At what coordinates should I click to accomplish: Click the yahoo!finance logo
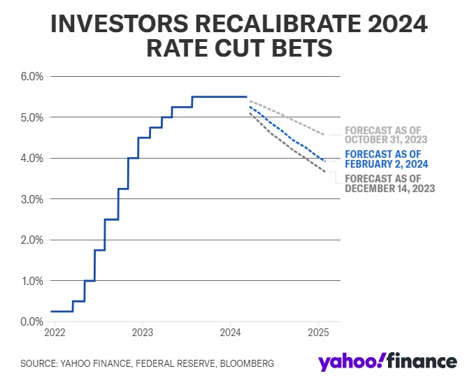(387, 362)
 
